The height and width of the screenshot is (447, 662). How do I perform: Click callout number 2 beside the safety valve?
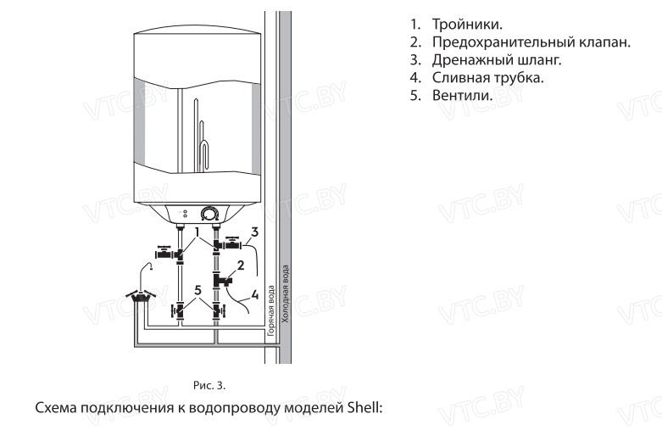[x=242, y=265]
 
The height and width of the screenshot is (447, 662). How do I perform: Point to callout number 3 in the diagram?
[x=254, y=230]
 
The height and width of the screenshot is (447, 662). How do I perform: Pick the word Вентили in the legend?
[x=462, y=94]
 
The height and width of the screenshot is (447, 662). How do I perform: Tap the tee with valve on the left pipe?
[x=176, y=254]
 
